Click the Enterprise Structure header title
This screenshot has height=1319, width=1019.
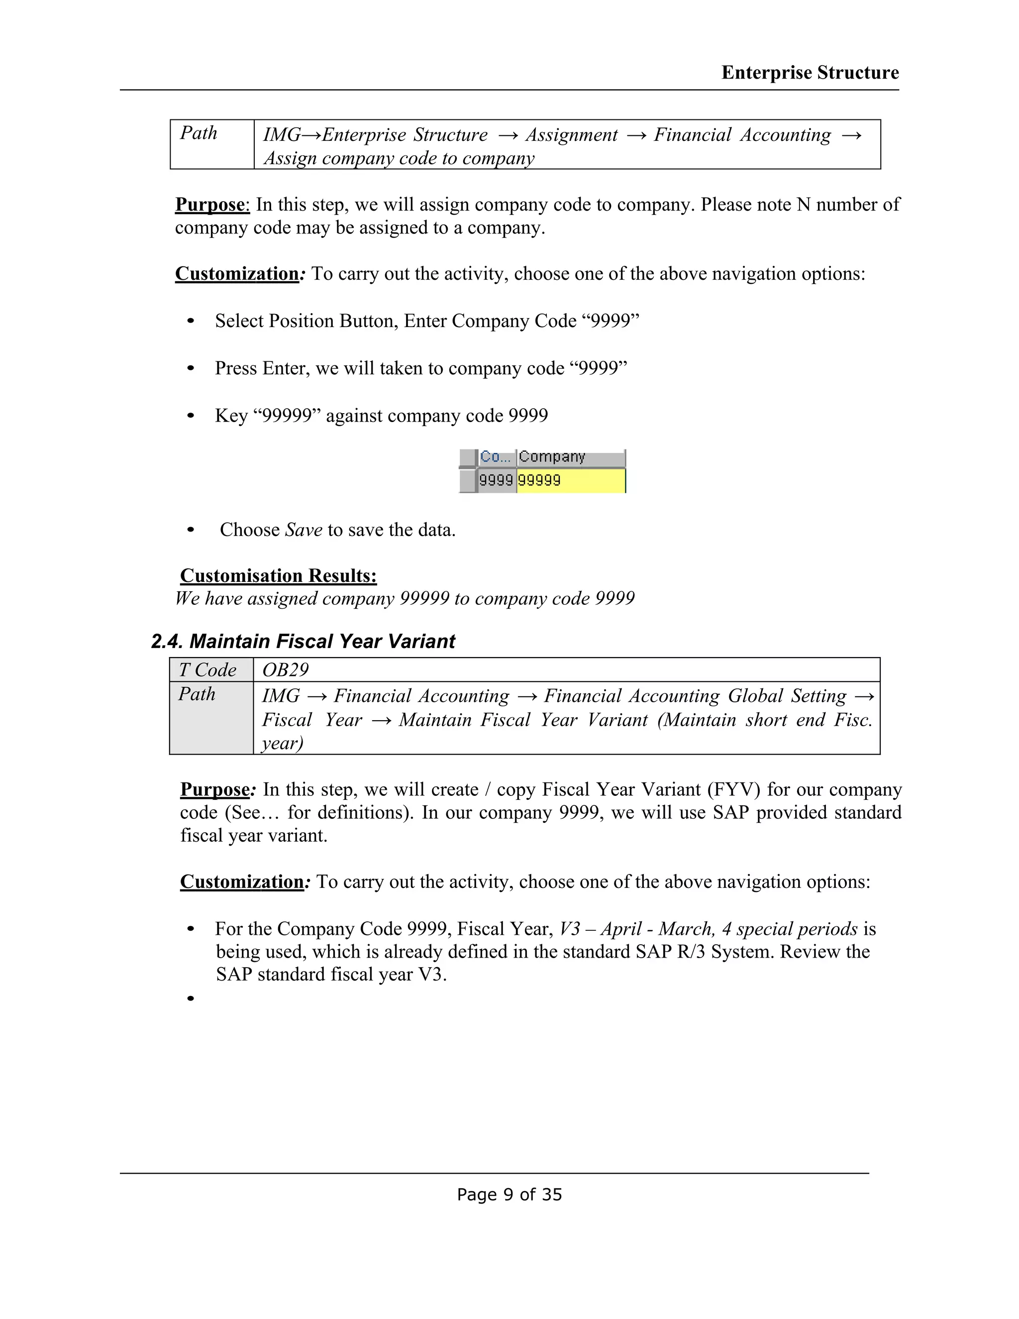[x=810, y=73]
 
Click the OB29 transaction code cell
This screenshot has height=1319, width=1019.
[x=286, y=670]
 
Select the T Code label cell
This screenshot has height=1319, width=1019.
[x=207, y=670]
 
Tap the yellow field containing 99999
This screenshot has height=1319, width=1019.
[x=571, y=481]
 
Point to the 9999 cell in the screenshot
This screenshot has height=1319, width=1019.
[x=496, y=481]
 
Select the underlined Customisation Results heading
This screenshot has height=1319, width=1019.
[x=278, y=575]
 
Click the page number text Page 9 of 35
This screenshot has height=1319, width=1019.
[x=509, y=1195]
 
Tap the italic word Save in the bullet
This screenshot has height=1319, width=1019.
[x=304, y=530]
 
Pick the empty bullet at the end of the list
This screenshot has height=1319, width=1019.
[x=191, y=998]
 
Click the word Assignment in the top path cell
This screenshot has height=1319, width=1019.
[x=571, y=135]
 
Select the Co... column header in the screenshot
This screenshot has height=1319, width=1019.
[x=496, y=457]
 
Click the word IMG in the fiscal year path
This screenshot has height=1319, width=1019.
[x=281, y=696]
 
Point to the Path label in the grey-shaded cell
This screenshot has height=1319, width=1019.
[x=197, y=694]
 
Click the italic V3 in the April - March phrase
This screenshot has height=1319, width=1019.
[x=569, y=929]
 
